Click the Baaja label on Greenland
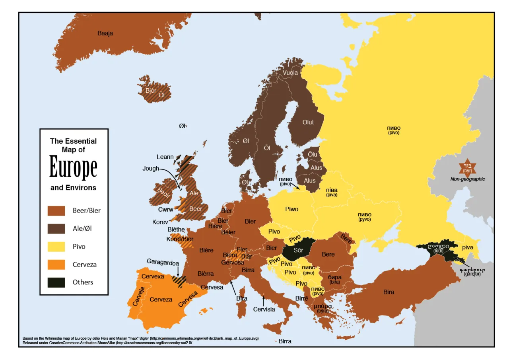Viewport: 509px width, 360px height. [x=105, y=33]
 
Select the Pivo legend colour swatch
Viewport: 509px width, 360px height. [x=56, y=247]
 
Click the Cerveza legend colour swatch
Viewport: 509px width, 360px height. [x=56, y=265]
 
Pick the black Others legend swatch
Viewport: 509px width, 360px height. [x=56, y=282]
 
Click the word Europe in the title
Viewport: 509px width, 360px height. [x=73, y=168]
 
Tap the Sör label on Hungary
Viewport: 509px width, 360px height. [x=298, y=251]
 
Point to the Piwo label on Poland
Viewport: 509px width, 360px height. [x=291, y=209]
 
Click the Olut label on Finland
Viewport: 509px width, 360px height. [x=308, y=122]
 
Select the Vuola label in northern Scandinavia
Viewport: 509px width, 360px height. [x=290, y=73]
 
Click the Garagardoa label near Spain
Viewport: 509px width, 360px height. [x=163, y=263]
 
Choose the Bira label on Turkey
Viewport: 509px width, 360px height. [x=389, y=292]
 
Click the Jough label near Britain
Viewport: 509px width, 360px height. [x=151, y=168]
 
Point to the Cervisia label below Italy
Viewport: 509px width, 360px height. [x=264, y=309]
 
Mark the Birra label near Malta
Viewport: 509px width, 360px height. [x=285, y=341]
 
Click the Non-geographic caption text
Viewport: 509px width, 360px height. [x=468, y=179]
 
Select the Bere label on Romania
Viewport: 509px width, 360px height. [x=328, y=254]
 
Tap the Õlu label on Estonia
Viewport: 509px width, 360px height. [x=313, y=154]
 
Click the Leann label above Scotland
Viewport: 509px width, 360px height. [x=165, y=157]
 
